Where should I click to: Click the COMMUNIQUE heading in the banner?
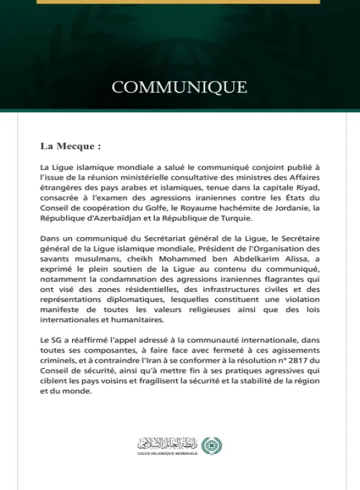pyautogui.click(x=180, y=87)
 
